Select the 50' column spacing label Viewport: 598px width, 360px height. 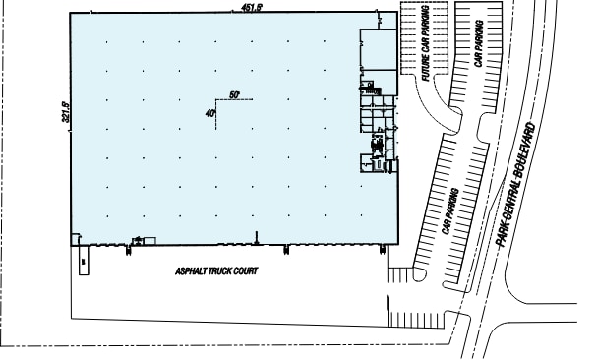point(234,94)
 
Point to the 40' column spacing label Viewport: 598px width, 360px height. point(210,112)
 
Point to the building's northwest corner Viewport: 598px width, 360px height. point(71,15)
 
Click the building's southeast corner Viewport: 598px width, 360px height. point(398,244)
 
